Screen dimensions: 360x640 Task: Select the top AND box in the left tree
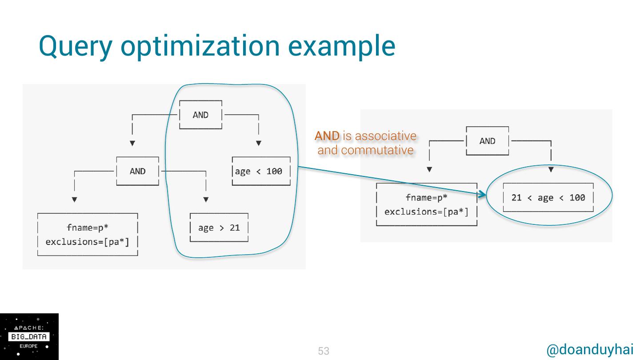tap(200, 115)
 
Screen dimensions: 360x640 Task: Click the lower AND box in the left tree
tap(137, 171)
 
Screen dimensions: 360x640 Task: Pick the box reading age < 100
tap(261, 171)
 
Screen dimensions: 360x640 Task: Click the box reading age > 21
tap(219, 228)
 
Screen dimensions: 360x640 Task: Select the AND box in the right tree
tap(487, 141)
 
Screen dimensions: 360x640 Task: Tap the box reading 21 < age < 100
tap(548, 198)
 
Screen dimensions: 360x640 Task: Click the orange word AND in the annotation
tap(327, 136)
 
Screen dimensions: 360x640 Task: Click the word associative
tap(386, 136)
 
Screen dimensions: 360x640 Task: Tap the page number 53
tap(324, 351)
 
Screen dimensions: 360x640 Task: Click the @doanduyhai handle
tap(590, 350)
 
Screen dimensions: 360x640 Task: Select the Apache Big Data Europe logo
tap(29, 336)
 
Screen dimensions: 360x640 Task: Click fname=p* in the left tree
tap(88, 228)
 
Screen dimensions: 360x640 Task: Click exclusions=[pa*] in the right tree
tap(426, 212)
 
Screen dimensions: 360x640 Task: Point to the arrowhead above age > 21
tap(206, 200)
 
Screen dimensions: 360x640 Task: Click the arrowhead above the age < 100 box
tap(259, 143)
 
